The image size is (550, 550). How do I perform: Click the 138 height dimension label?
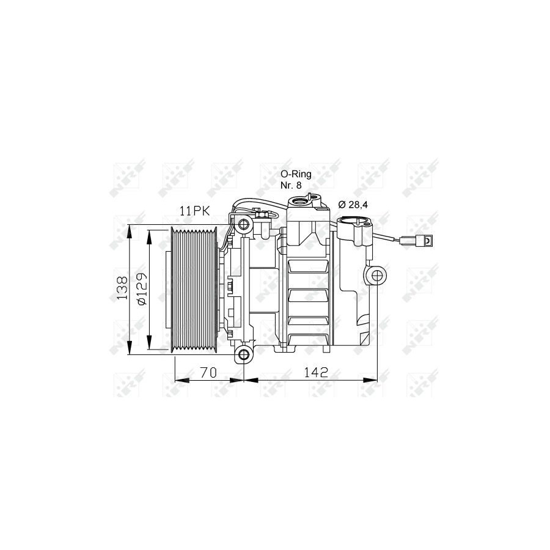tap(122, 288)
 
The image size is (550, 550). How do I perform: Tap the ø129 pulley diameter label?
tap(142, 288)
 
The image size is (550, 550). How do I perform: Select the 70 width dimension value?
tap(209, 372)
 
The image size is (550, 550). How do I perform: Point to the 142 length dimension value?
tap(316, 372)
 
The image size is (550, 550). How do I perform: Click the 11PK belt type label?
tap(195, 211)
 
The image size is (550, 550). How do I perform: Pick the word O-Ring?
tap(296, 174)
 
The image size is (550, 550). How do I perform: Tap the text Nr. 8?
tap(291, 185)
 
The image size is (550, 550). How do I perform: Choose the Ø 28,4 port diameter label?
tap(353, 205)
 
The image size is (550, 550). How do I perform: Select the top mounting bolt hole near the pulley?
tap(243, 224)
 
